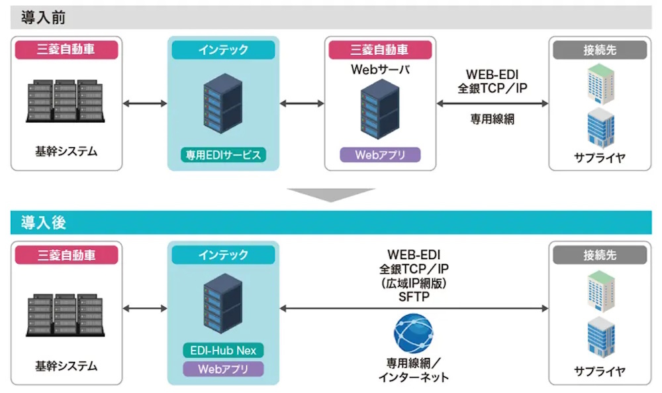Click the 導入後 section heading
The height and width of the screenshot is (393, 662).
click(43, 223)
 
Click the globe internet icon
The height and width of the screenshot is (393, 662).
click(413, 333)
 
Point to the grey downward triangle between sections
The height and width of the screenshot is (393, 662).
click(330, 194)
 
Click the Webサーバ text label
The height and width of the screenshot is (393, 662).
click(380, 68)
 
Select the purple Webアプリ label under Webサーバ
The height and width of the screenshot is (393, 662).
click(380, 155)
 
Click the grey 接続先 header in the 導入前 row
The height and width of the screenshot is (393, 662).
click(600, 50)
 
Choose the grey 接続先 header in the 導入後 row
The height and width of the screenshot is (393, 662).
click(600, 254)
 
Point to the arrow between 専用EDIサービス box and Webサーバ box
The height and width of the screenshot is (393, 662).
click(302, 103)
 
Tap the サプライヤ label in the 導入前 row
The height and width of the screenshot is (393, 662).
click(600, 157)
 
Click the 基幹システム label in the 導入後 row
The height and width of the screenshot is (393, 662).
click(66, 365)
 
